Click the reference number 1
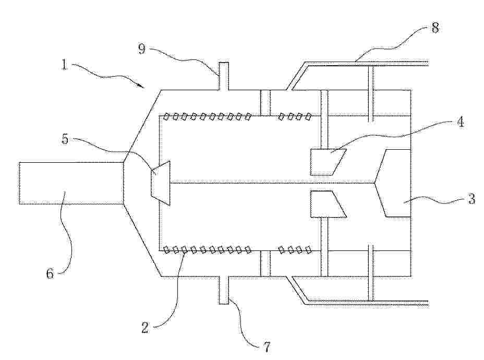[64, 65]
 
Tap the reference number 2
[145, 327]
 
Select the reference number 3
[471, 199]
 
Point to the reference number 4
[460, 122]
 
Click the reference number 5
[65, 139]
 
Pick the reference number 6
[50, 273]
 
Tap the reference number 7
[266, 347]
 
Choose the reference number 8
[434, 28]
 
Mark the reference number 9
[142, 49]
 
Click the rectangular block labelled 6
[71, 183]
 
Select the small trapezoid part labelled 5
[161, 183]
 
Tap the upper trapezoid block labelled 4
[328, 162]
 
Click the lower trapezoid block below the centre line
[328, 204]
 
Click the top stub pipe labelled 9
[224, 76]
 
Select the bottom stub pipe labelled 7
[224, 290]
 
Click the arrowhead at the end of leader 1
[142, 87]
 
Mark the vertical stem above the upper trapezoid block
[324, 119]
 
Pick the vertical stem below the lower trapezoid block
[324, 247]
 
